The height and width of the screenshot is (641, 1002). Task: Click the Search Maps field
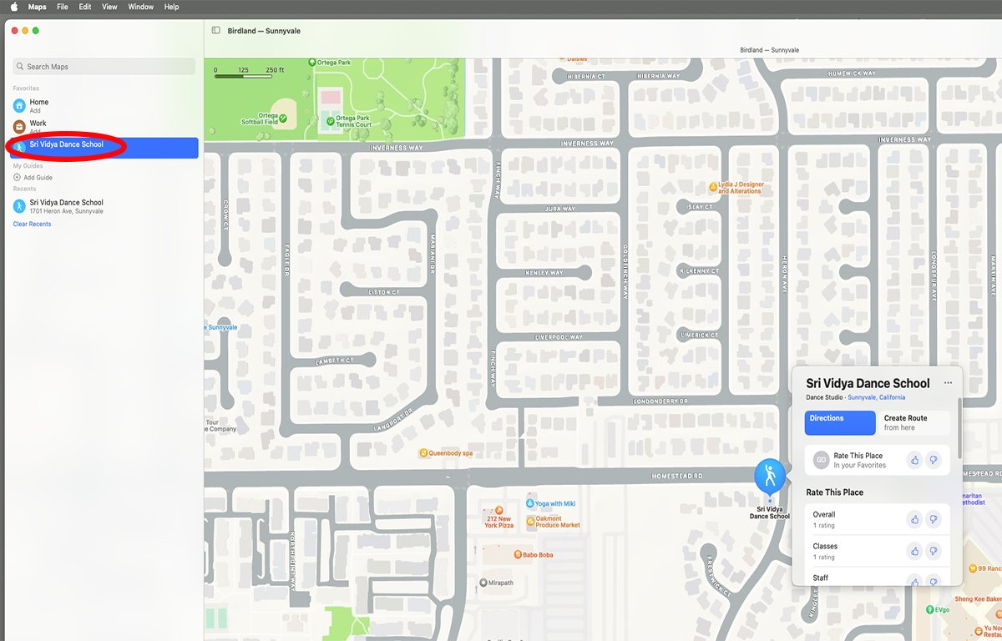click(x=104, y=67)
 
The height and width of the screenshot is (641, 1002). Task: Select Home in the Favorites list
click(x=38, y=103)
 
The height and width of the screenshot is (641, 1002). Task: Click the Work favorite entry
click(x=38, y=124)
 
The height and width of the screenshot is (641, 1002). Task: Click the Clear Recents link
click(x=32, y=225)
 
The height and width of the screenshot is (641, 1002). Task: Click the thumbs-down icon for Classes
click(x=934, y=552)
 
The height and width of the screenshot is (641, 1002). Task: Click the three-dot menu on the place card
click(x=948, y=383)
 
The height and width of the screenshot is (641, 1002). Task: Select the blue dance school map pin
click(x=769, y=476)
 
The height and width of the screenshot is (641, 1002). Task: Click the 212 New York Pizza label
click(x=498, y=518)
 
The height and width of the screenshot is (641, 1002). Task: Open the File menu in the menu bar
click(x=63, y=7)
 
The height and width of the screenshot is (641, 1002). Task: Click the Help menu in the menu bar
click(x=171, y=7)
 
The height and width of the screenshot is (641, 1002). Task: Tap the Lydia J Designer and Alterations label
click(x=740, y=188)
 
